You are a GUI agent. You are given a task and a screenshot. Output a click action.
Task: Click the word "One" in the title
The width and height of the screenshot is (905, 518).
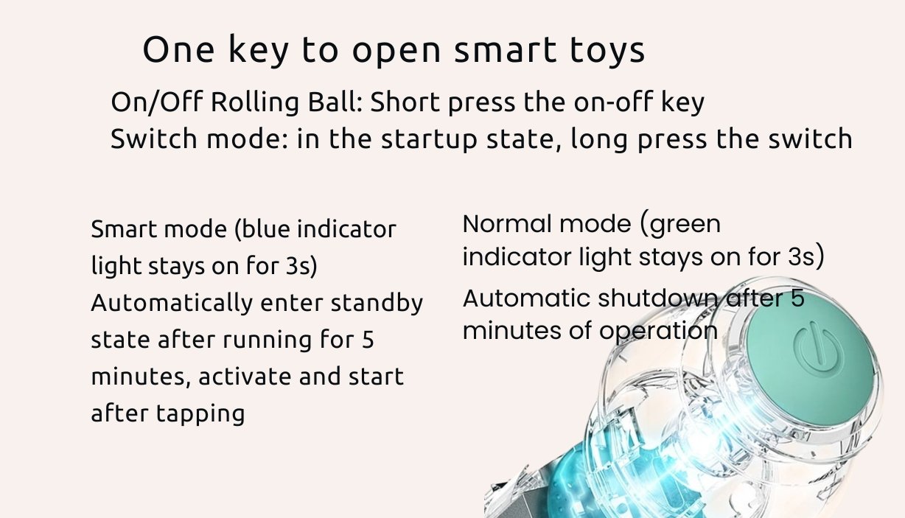[178, 49]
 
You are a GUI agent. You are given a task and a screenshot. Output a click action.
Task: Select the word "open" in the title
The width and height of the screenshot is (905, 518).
[396, 52]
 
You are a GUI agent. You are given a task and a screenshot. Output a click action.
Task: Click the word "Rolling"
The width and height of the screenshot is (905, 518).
[255, 102]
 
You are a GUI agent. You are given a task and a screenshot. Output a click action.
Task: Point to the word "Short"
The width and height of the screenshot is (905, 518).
[405, 102]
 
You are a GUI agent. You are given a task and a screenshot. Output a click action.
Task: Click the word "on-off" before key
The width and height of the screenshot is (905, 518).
[614, 102]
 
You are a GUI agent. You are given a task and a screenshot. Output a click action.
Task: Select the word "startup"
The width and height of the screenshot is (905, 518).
[429, 139]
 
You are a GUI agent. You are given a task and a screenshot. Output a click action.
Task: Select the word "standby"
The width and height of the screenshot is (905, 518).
[377, 304]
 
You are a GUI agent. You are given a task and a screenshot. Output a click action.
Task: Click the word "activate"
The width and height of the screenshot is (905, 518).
[245, 377]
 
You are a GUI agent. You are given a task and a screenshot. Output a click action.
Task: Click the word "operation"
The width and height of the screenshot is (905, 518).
[659, 332]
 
